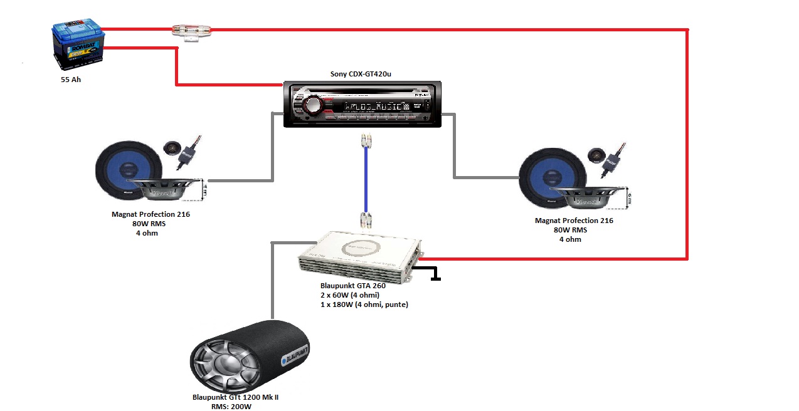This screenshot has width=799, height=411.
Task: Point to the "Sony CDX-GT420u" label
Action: [361, 74]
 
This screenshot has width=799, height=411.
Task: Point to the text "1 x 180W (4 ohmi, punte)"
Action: [364, 304]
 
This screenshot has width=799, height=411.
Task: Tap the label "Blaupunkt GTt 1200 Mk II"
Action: [235, 397]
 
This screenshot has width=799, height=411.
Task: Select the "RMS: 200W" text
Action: [231, 407]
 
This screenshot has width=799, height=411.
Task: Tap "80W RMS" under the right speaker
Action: [570, 230]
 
